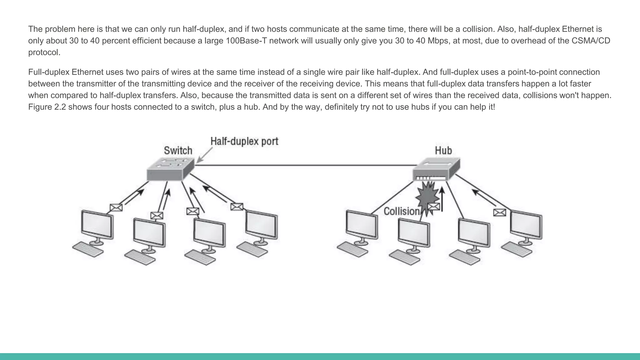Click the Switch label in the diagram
tap(178, 151)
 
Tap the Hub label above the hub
tap(443, 151)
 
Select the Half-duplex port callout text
tap(244, 141)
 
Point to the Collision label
tap(401, 212)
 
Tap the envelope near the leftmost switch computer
tap(116, 207)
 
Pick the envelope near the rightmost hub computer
tap(499, 212)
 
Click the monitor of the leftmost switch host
tap(97, 224)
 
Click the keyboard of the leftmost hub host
tap(352, 249)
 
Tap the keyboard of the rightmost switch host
tap(252, 249)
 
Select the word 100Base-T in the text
tap(246, 41)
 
